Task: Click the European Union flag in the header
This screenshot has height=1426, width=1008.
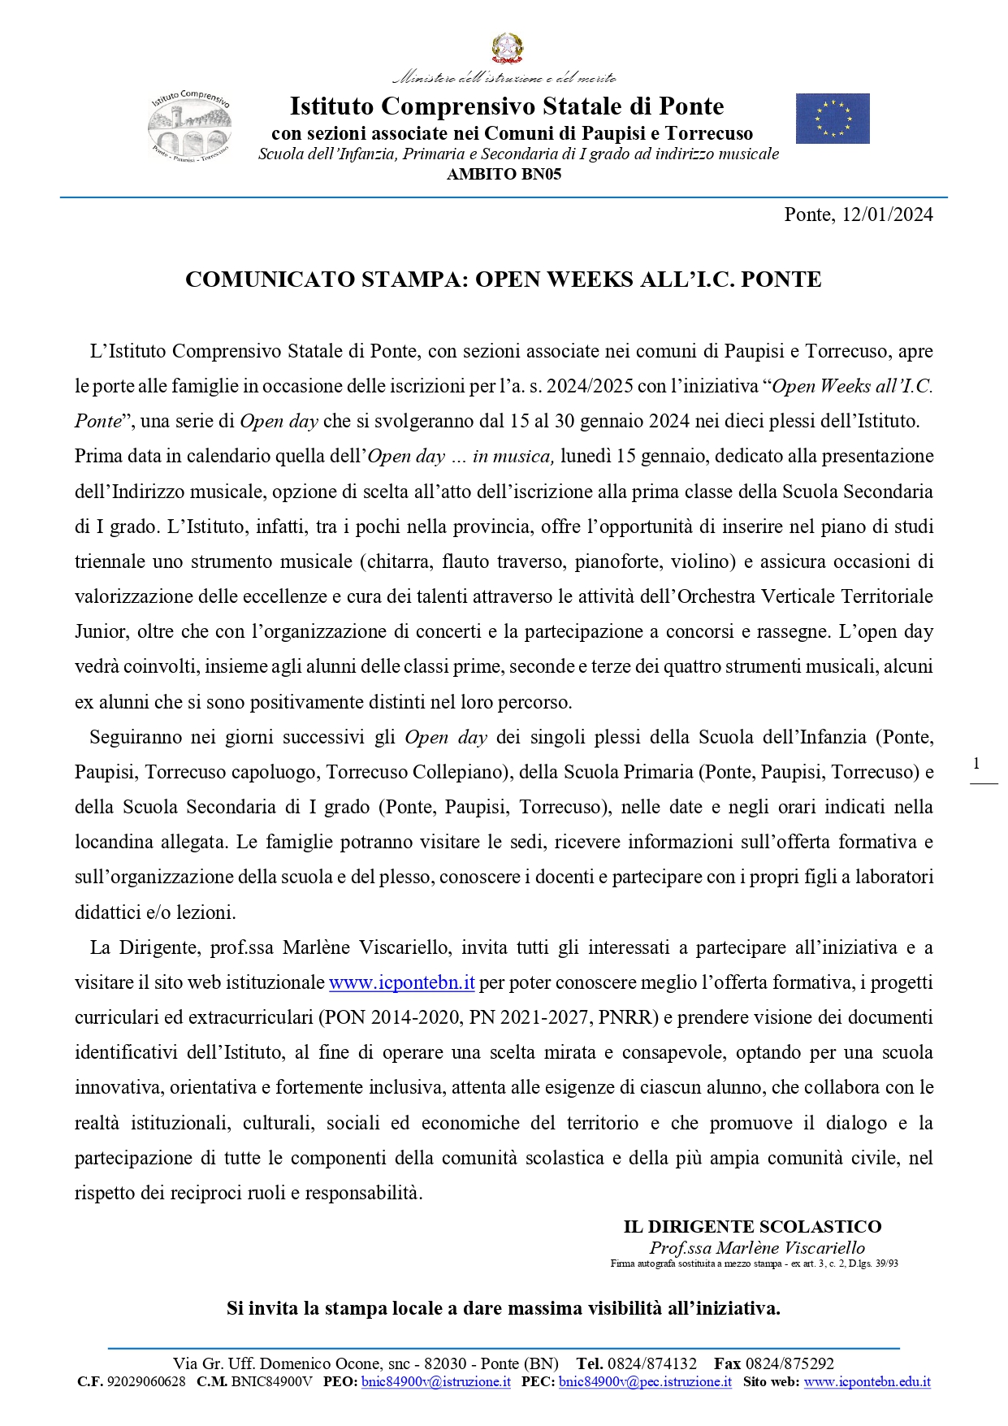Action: pyautogui.click(x=833, y=119)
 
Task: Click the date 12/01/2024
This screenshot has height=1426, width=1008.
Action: pyautogui.click(x=888, y=215)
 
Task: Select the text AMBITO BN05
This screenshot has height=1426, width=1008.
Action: pyautogui.click(x=504, y=174)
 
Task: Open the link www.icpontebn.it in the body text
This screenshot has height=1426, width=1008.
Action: pyautogui.click(x=401, y=982)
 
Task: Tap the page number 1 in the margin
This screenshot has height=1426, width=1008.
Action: pyautogui.click(x=976, y=763)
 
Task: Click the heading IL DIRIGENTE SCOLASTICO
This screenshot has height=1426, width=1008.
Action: pyautogui.click(x=752, y=1227)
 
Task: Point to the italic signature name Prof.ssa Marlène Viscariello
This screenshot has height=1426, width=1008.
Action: pyautogui.click(x=757, y=1247)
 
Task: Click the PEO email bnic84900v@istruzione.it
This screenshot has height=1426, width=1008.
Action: pyautogui.click(x=436, y=1381)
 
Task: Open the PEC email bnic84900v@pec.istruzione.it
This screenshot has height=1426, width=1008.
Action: pyautogui.click(x=645, y=1381)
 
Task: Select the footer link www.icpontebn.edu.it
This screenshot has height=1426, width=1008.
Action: pyautogui.click(x=867, y=1381)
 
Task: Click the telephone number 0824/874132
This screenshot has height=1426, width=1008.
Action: pyautogui.click(x=652, y=1363)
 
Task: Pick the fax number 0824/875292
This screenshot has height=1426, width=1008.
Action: pyautogui.click(x=790, y=1363)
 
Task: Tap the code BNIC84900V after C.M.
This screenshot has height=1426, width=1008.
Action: pyautogui.click(x=271, y=1381)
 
